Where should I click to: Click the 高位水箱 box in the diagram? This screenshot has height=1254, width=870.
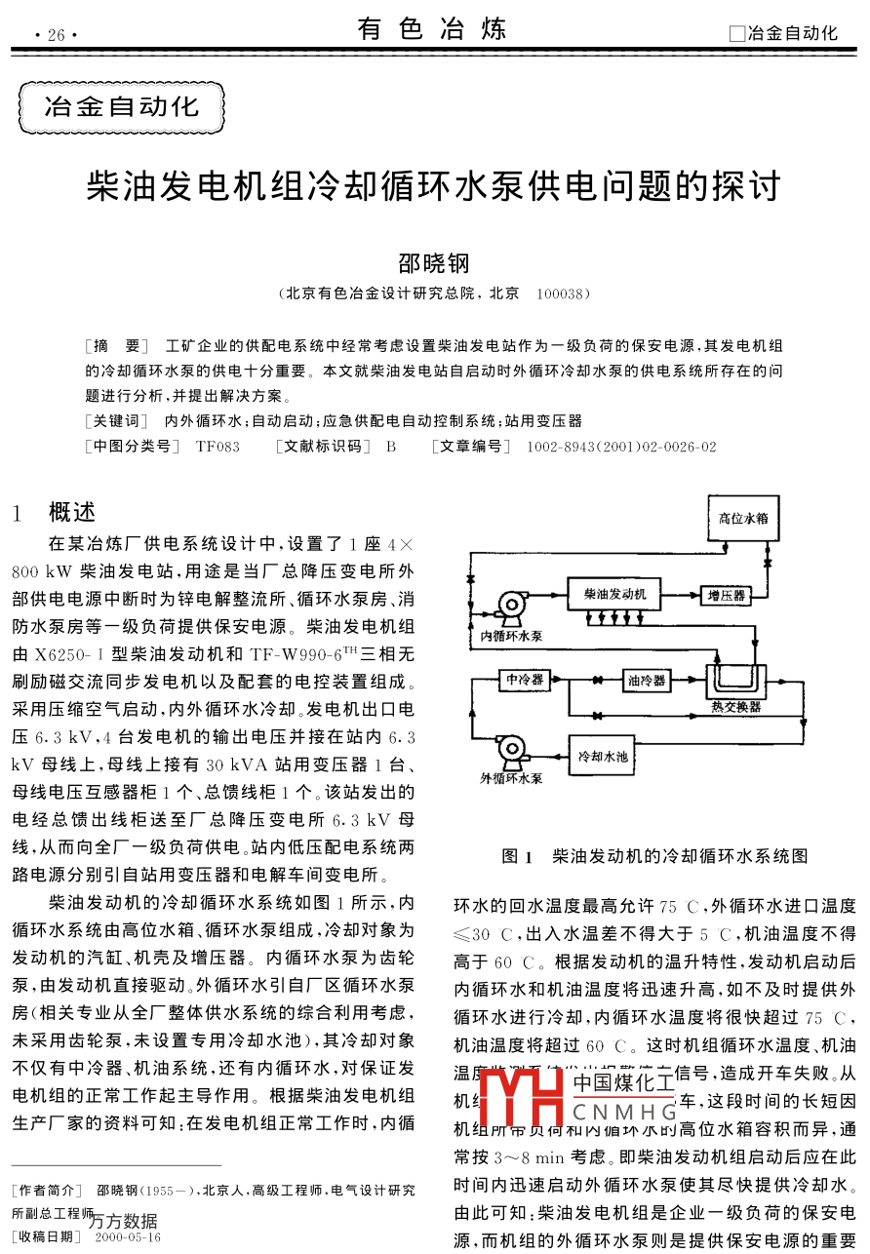[743, 519]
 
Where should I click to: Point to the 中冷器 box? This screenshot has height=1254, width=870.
[525, 680]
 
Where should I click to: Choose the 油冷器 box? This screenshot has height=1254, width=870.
[646, 680]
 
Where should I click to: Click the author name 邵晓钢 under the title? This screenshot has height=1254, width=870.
[434, 263]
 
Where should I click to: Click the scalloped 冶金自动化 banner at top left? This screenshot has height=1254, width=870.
[122, 107]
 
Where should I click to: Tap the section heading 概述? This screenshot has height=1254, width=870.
[72, 512]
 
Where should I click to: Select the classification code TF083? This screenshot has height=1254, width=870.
[217, 447]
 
